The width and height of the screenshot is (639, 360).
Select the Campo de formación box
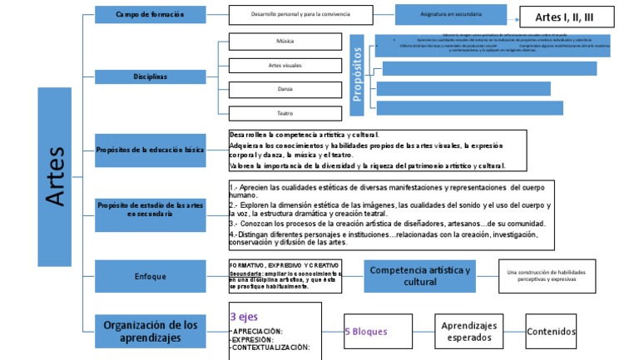point(150,15)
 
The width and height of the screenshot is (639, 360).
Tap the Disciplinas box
point(150,76)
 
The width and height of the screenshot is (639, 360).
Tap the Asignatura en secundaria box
point(450,15)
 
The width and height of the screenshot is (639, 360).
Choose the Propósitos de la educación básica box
point(150,150)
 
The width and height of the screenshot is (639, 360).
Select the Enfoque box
point(150,276)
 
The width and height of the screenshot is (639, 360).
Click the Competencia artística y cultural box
point(419,276)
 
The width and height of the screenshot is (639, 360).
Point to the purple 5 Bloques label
point(365,331)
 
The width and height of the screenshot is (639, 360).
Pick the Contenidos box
point(551,331)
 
